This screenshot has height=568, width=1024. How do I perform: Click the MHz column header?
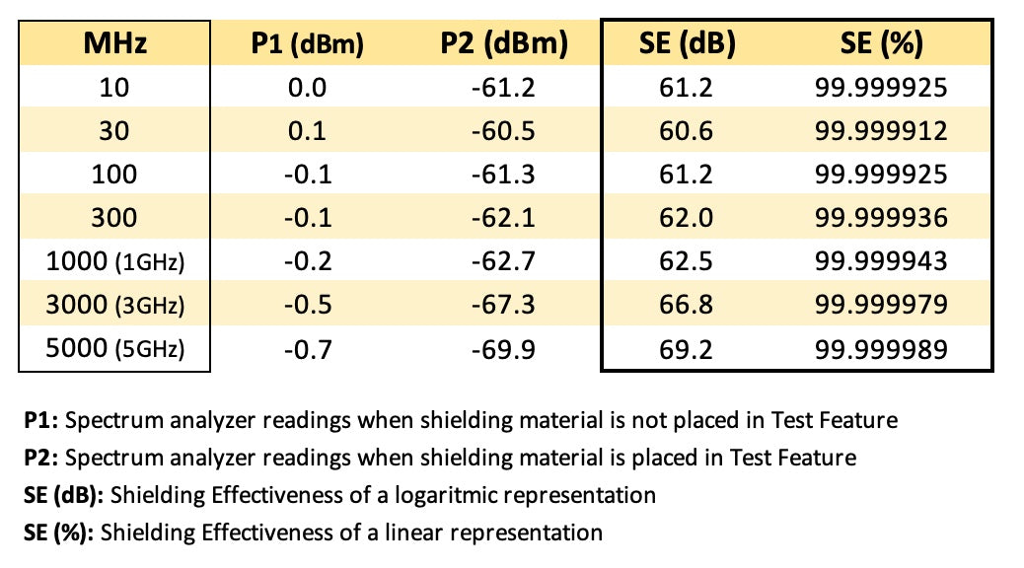tap(114, 44)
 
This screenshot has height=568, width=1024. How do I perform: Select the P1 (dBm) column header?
tap(306, 44)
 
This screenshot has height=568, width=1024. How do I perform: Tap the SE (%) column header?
tap(881, 44)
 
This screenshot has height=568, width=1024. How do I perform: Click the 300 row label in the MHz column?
tap(114, 219)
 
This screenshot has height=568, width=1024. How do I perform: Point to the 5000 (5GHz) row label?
tap(114, 349)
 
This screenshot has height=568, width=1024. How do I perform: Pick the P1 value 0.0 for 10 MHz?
tap(306, 89)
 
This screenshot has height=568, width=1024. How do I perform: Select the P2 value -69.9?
tap(503, 349)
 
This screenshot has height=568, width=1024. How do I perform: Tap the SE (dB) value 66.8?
tap(687, 306)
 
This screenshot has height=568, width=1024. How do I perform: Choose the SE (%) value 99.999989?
tap(881, 349)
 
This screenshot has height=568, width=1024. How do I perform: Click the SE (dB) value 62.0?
tap(687, 219)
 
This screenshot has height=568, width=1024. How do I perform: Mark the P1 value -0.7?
tap(306, 349)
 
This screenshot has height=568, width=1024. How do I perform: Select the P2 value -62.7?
tap(503, 262)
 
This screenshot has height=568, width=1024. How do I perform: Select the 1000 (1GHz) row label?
tap(114, 262)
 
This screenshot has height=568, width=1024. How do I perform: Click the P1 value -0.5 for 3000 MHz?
tap(306, 306)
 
